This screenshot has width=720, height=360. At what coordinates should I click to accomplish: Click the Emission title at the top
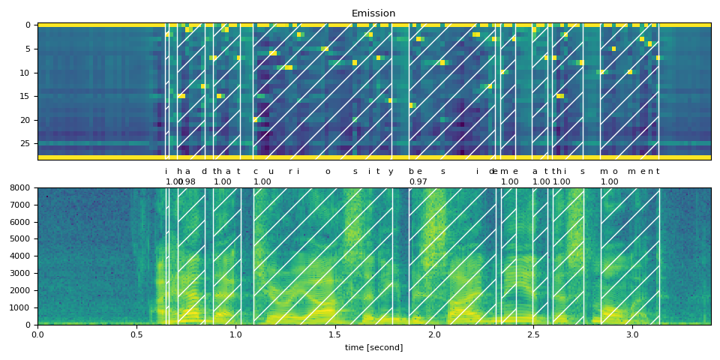point(373,13)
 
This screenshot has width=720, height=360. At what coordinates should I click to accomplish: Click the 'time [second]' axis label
point(373,347)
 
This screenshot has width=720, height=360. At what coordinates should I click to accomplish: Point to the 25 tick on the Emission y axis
point(27,143)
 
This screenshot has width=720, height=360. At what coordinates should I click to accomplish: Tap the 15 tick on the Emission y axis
point(27,96)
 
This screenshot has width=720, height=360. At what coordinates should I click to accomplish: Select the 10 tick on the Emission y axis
point(27,73)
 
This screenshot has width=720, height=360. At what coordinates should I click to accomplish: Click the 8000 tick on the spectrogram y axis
point(20,187)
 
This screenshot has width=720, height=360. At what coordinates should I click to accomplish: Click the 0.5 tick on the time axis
point(136,334)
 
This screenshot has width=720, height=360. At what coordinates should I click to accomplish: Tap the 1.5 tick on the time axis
point(335,334)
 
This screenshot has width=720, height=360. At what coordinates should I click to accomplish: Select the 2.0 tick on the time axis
point(434,334)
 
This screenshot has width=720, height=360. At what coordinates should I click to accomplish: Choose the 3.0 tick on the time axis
point(632,334)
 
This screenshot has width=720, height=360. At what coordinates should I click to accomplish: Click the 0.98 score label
point(187,182)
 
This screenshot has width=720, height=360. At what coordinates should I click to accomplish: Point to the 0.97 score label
point(418,182)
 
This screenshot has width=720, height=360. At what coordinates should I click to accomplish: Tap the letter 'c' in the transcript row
point(255,171)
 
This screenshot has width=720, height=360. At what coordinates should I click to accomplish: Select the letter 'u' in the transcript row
point(271,171)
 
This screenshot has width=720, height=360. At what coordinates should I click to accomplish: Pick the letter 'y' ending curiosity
point(390,172)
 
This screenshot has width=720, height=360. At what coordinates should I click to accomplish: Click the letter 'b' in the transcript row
point(411,171)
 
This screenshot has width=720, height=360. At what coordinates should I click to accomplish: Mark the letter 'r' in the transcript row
point(290,171)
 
